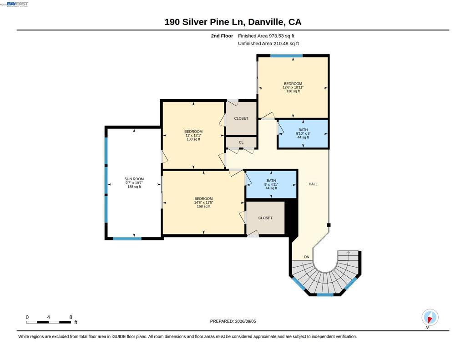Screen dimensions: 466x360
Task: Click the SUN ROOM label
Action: (x=134, y=179)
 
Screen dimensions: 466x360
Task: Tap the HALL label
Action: (x=313, y=184)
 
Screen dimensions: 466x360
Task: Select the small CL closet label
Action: (x=241, y=142)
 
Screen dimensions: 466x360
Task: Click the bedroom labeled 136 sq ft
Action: (x=293, y=87)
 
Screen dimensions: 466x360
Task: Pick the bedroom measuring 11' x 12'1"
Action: (x=193, y=135)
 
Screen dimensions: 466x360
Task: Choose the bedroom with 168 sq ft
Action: (x=203, y=203)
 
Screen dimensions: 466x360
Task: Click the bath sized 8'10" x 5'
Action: (x=303, y=133)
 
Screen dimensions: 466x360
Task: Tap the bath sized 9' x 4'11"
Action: (x=271, y=184)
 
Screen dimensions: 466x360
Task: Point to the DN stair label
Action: (x=307, y=257)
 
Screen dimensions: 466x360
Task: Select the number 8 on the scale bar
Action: (x=71, y=317)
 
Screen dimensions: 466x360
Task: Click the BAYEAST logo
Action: (x=17, y=4)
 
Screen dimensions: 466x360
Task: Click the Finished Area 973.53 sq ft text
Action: (x=266, y=35)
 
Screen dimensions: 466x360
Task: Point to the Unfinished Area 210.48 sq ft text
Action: (x=268, y=43)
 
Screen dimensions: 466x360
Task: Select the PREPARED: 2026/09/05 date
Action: (x=233, y=321)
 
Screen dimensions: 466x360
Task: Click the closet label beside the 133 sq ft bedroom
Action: (x=241, y=118)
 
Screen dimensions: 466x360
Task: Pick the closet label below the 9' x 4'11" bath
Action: (x=265, y=218)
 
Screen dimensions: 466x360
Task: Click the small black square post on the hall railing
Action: (x=329, y=225)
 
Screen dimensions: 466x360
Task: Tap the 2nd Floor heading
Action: (x=222, y=35)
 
